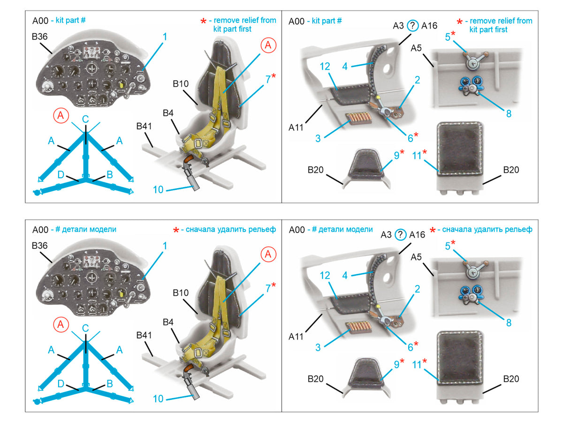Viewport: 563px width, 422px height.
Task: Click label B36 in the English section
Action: pos(39,37)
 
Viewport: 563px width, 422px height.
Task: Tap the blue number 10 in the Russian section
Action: pos(158,399)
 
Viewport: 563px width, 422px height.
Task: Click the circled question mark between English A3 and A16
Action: pos(412,26)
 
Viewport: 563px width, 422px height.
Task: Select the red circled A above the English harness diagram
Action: pos(61,115)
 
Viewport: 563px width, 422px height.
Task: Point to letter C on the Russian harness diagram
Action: pos(85,328)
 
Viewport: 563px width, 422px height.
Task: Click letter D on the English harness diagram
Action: pos(61,174)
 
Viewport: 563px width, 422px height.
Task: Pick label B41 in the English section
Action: pos(144,126)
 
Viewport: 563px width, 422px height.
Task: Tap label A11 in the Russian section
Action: pos(296,336)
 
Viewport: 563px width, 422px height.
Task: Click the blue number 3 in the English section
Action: pos(318,138)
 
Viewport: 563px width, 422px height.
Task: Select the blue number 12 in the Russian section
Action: pos(325,275)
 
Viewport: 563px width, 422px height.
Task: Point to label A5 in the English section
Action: pos(416,48)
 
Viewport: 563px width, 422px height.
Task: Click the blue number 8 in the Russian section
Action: pos(509,323)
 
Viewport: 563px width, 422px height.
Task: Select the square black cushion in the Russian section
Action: pos(460,358)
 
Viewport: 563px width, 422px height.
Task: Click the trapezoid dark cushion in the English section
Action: pos(365,164)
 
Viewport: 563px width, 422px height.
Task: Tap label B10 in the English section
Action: pos(181,84)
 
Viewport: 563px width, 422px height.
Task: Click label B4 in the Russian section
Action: pos(168,322)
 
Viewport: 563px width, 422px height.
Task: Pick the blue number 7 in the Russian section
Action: pos(268,288)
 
